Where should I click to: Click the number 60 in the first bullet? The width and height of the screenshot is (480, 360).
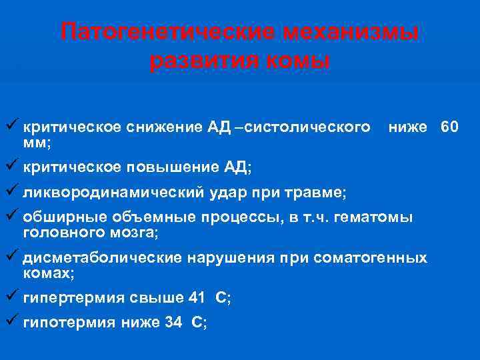449,126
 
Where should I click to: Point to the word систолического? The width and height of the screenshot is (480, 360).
308,126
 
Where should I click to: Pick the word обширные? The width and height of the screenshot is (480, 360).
59,219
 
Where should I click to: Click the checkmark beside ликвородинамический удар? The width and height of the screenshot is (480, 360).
13,192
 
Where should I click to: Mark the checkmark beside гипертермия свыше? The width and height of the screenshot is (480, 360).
13,297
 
